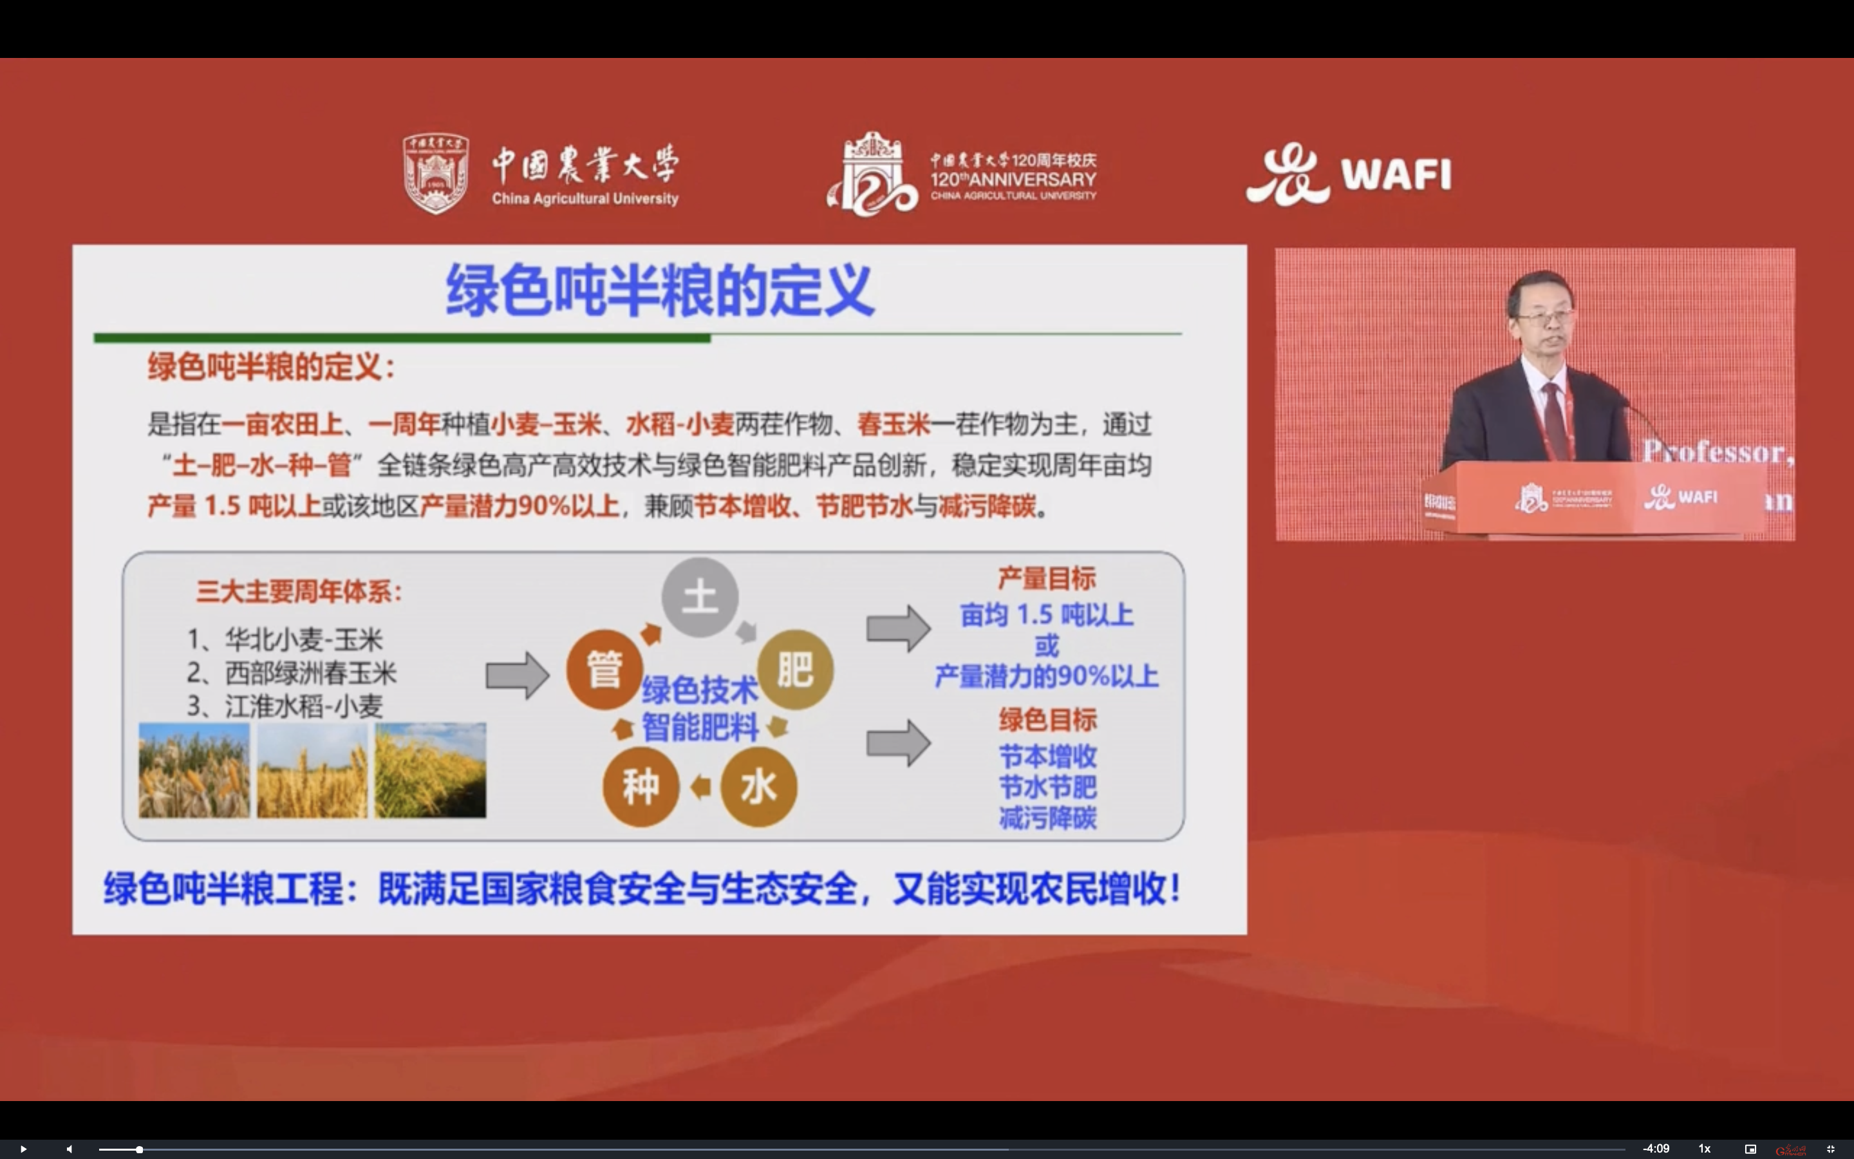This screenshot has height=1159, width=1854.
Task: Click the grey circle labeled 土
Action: click(700, 597)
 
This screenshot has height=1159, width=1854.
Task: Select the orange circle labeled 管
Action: click(604, 669)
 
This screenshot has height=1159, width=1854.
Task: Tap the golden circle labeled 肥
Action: click(795, 669)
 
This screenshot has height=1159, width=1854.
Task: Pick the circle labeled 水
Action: click(758, 786)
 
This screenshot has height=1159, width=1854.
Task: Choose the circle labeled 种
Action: click(641, 786)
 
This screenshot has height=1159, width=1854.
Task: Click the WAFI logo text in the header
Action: click(1395, 174)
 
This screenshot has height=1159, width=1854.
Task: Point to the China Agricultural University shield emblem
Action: click(436, 174)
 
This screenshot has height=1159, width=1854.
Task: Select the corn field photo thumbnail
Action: click(194, 769)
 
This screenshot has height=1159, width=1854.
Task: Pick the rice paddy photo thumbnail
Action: click(430, 769)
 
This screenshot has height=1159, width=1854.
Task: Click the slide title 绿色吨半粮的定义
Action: click(660, 290)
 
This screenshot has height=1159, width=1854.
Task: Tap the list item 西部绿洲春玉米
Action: click(310, 673)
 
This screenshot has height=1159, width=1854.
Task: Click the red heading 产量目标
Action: click(1047, 579)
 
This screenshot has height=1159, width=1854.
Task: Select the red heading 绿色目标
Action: click(1047, 720)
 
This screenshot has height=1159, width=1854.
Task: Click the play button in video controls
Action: click(23, 1148)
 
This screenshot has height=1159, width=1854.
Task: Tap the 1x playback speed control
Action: click(1704, 1148)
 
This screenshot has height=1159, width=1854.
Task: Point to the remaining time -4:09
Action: click(1656, 1148)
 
